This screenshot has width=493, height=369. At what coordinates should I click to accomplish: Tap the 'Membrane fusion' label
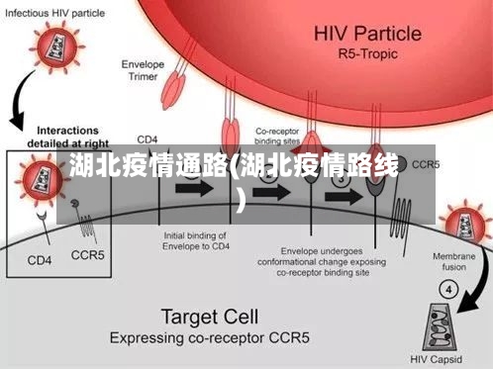458,261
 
